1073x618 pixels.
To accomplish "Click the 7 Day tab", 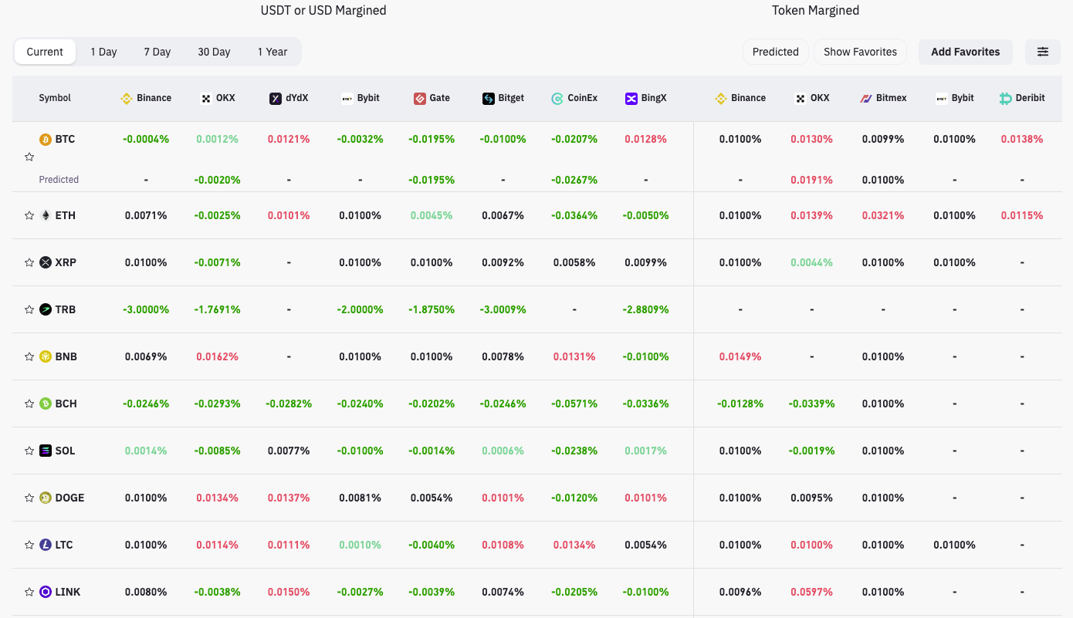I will pos(157,52).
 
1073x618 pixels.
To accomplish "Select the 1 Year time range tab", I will pos(272,52).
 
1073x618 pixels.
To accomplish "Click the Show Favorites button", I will pos(860,52).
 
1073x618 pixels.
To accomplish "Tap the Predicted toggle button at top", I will pos(775,52).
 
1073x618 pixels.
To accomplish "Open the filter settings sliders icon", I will pos(1042,52).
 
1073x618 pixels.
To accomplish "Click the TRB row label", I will pos(65,309).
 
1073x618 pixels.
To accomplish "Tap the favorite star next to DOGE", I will pos(29,498).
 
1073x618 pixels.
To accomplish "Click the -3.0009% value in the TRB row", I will pos(503,309).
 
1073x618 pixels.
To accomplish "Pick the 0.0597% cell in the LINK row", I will pos(811,592).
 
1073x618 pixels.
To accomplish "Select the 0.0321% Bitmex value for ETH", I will pos(883,215).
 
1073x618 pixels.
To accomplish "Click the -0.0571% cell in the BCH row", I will pos(574,404).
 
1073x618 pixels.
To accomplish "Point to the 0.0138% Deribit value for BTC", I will pos(1021,140).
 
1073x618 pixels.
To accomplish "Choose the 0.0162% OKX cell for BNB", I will pos(217,356).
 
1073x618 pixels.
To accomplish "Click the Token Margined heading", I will pos(815,11).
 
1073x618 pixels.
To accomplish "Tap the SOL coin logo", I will pos(46,451).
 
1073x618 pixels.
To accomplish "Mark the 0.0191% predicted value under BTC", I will pos(811,180).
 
